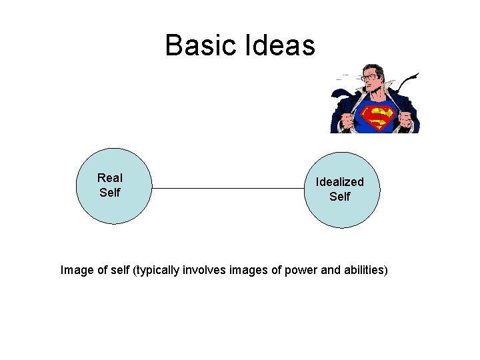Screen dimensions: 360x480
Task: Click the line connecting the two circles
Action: point(227,189)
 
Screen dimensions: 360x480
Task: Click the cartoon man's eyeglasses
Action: point(369,77)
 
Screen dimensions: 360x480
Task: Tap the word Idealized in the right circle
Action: point(339,181)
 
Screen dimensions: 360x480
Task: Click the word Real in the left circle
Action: point(109,177)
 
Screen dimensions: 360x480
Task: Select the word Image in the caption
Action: point(77,270)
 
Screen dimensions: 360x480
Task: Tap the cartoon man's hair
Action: point(369,67)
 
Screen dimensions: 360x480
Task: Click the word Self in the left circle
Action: point(109,193)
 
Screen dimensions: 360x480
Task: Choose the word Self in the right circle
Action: point(339,197)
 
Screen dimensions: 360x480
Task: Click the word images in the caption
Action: point(248,270)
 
